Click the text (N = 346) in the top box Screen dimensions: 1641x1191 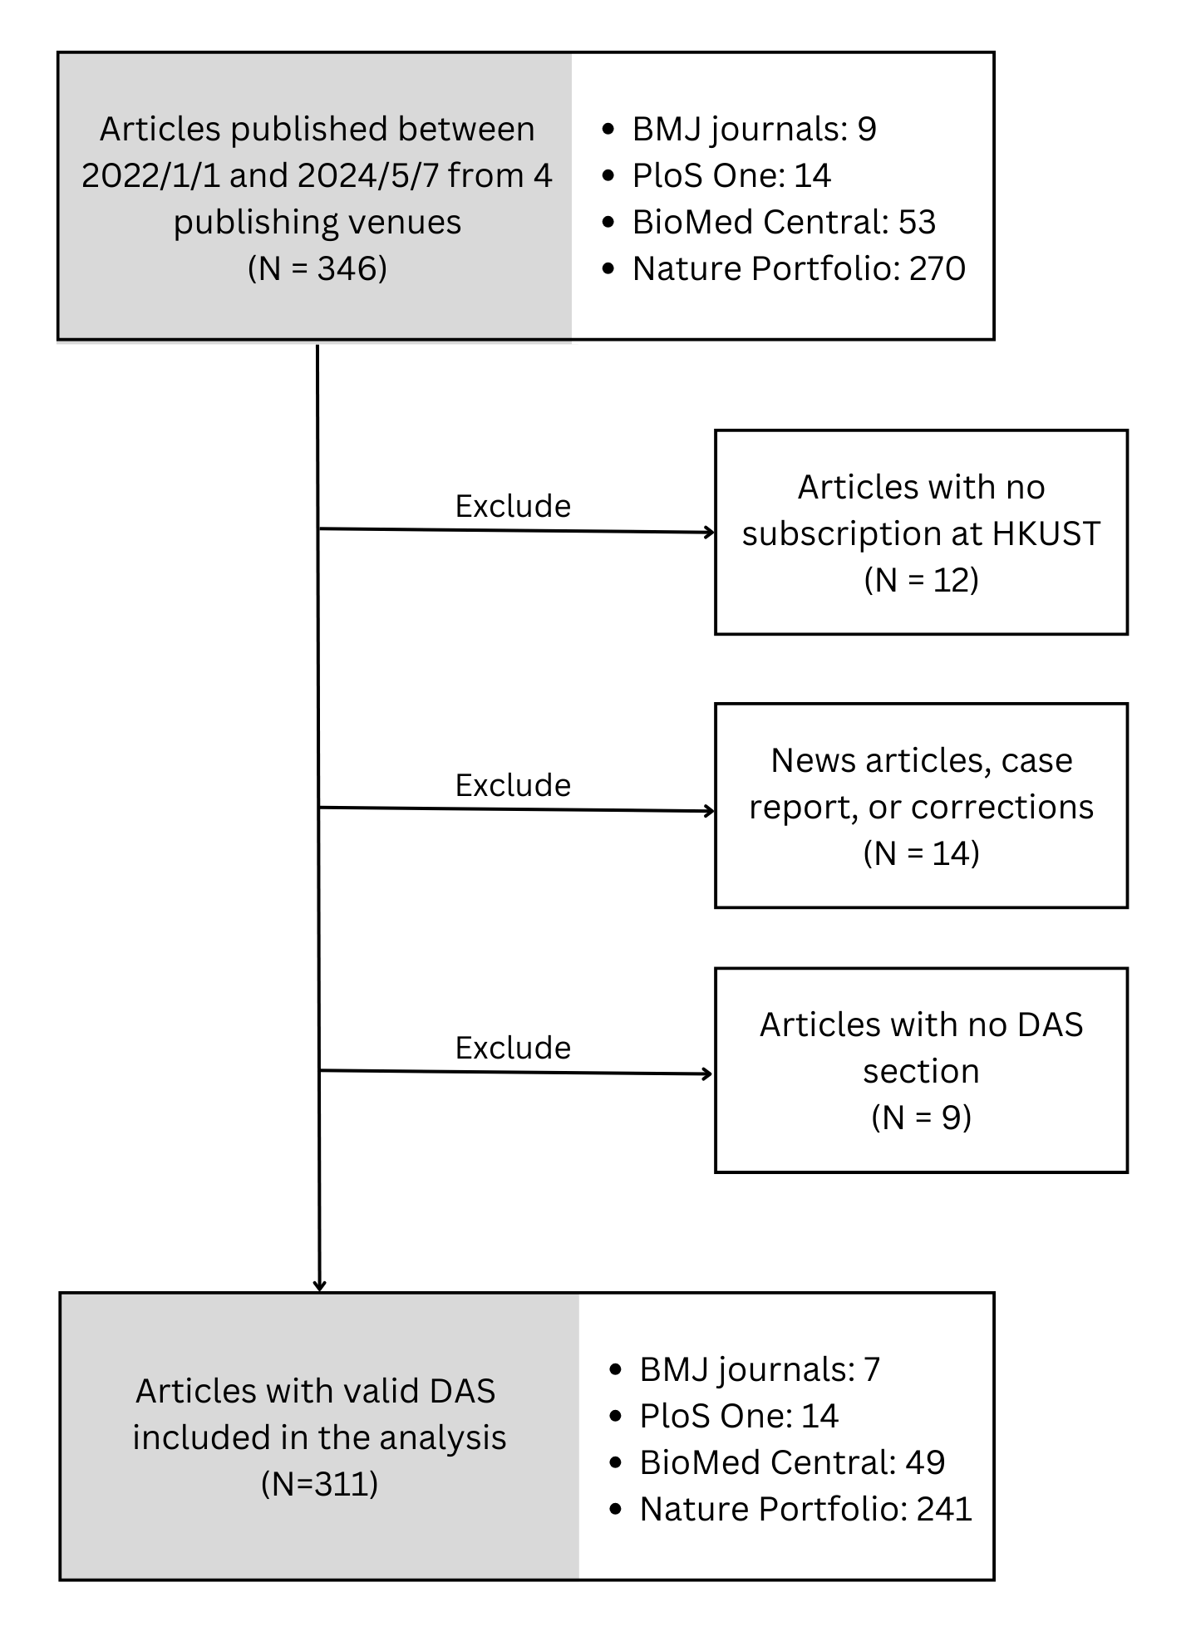coord(317,268)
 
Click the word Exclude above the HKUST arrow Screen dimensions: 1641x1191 coord(513,506)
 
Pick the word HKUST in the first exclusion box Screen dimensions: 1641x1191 coord(1046,533)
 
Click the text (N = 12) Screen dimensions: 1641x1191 coord(921,580)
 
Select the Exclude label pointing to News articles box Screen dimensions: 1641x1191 coord(513,785)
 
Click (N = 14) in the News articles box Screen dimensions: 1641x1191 coord(921,853)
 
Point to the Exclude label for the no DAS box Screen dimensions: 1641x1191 coord(513,1048)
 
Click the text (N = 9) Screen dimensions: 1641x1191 coord(921,1118)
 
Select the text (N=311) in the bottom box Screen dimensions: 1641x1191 coord(319,1483)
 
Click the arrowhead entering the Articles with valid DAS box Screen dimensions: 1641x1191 coord(319,1286)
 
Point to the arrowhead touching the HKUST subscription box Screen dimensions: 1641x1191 coord(710,533)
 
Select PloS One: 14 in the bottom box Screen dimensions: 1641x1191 coord(738,1417)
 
